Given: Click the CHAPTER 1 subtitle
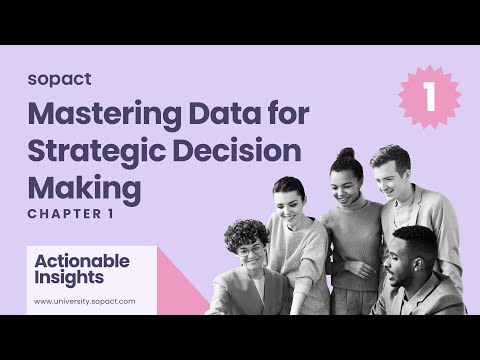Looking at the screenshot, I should click(x=70, y=214).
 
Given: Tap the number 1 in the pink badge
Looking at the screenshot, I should click(x=429, y=98).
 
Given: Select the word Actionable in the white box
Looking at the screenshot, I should click(x=82, y=260).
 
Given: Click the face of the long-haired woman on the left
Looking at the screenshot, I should click(x=290, y=203).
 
